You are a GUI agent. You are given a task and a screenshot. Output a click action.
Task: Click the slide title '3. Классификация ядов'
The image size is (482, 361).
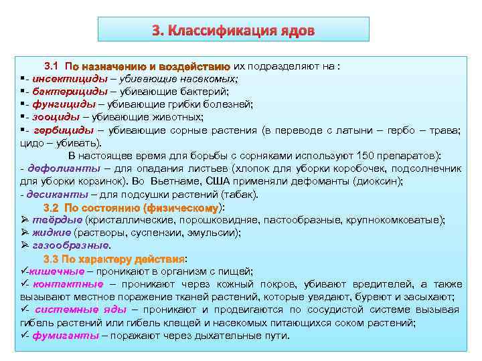(233, 31)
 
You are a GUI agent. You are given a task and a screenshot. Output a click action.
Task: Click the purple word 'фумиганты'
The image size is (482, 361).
(66, 336)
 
